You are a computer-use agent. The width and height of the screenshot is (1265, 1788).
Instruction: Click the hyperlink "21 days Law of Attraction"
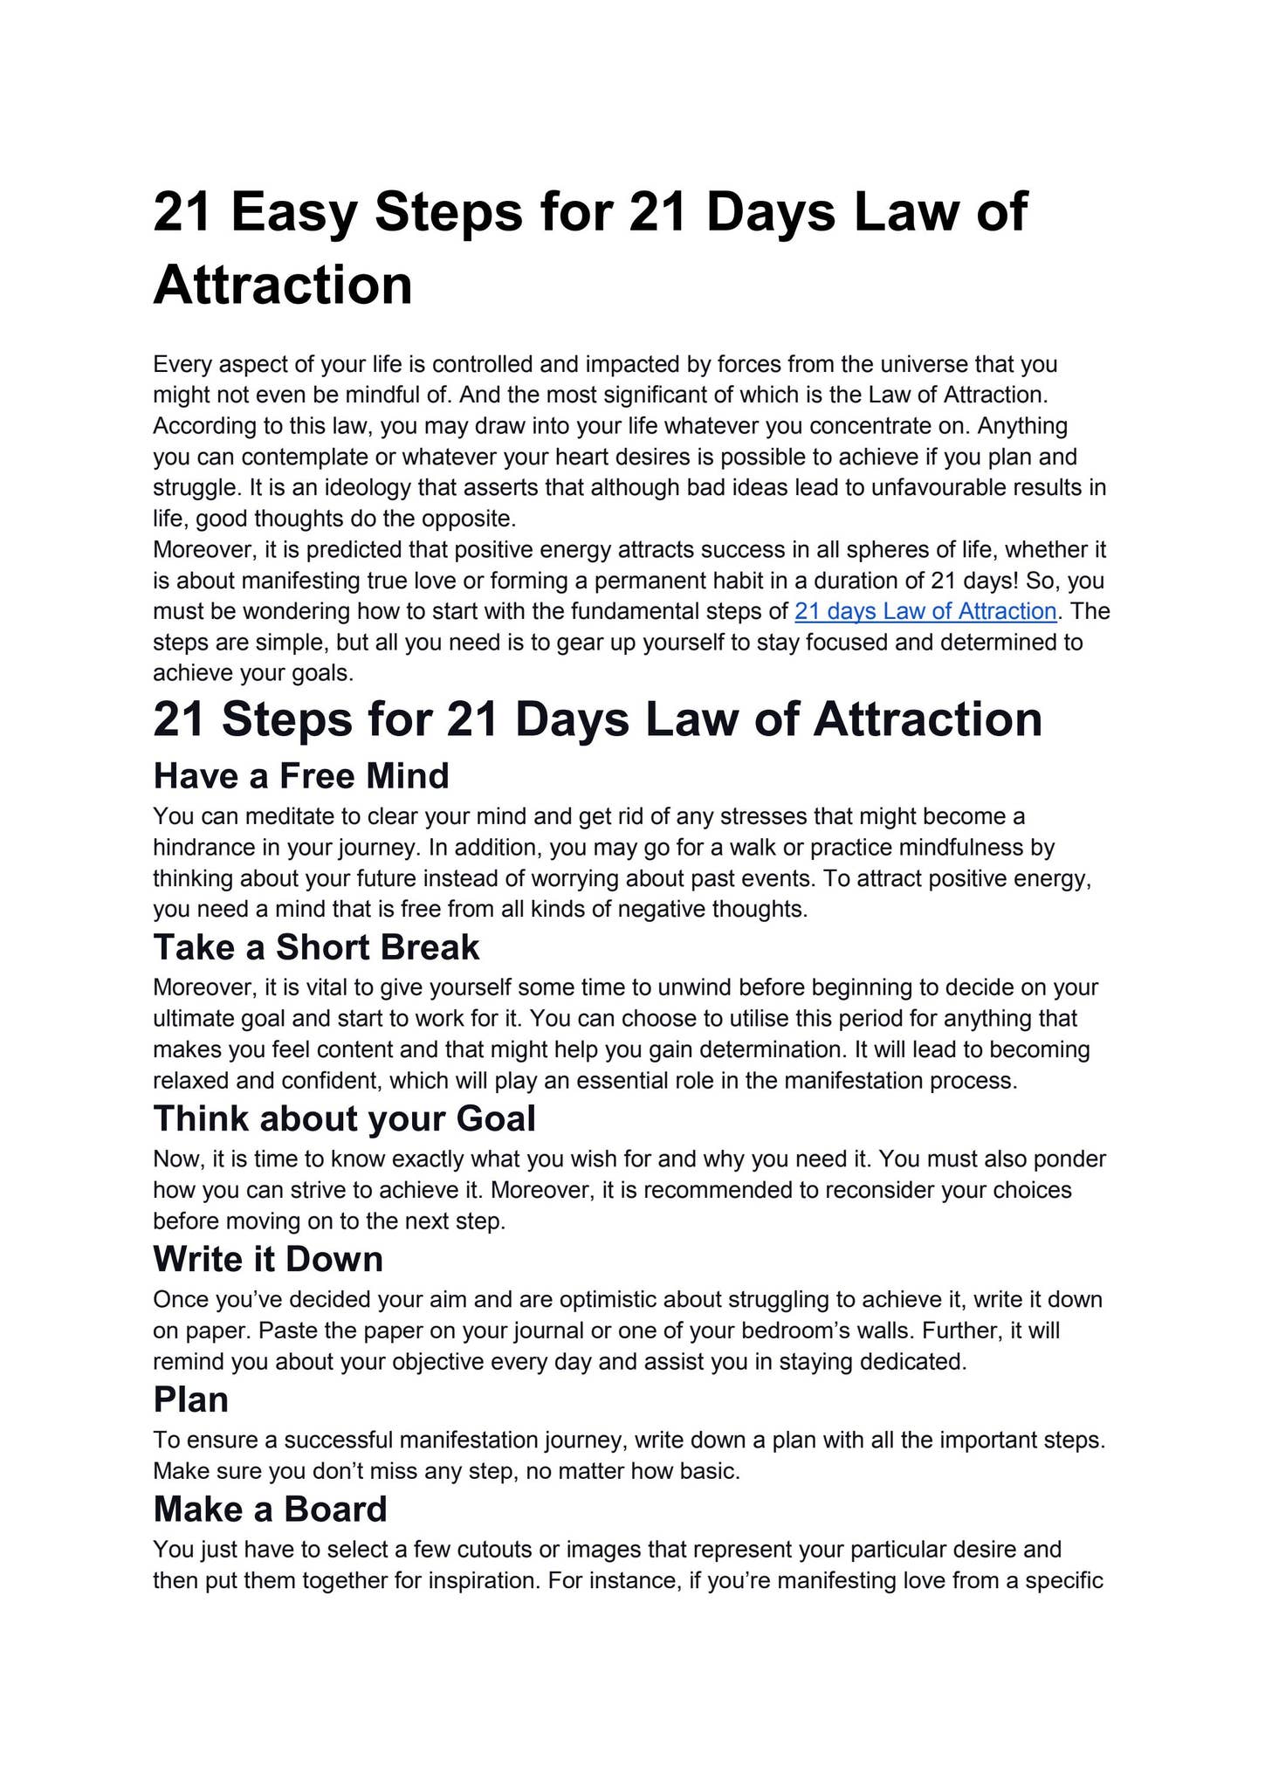click(x=925, y=611)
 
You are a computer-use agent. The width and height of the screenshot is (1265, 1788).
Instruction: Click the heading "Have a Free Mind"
click(x=300, y=775)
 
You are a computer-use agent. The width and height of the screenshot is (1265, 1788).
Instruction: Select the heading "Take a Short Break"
click(x=316, y=947)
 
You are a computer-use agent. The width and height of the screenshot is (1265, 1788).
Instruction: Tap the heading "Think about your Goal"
click(x=344, y=1118)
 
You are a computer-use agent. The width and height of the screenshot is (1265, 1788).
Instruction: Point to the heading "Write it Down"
click(x=268, y=1259)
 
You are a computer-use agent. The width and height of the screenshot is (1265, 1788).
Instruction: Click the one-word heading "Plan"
click(x=190, y=1399)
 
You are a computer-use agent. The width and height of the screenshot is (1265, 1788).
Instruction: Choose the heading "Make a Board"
click(x=270, y=1509)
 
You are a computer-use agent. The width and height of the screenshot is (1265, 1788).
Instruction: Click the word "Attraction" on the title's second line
click(x=282, y=285)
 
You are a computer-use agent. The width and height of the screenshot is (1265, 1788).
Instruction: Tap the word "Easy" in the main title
click(x=293, y=212)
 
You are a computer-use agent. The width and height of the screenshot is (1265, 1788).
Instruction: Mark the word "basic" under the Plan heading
click(x=710, y=1471)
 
